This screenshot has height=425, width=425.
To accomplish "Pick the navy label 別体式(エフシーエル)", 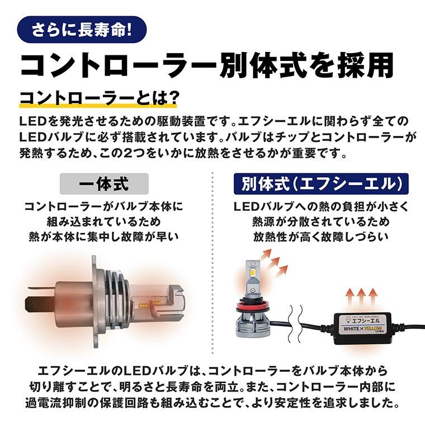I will (x=321, y=183).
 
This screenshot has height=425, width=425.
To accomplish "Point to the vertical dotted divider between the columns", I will (x=213, y=252).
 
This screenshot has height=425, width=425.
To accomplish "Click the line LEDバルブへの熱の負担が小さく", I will (x=321, y=207).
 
